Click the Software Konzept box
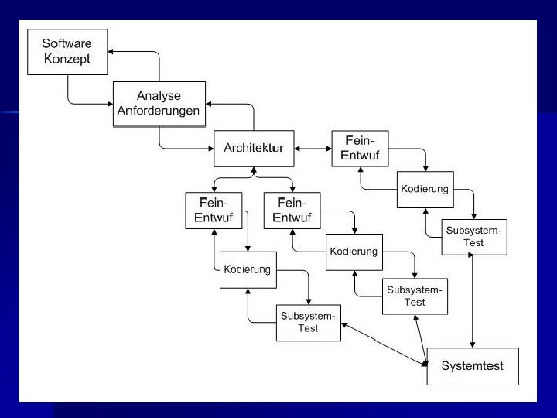[66, 53]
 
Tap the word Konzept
[66, 60]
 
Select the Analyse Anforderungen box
[159, 104]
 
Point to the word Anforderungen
[159, 111]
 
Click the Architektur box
[254, 149]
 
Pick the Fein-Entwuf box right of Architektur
[360, 149]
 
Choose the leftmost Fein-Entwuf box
[214, 210]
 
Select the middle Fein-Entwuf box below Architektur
[292, 210]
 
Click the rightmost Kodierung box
[425, 190]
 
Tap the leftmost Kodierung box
[248, 270]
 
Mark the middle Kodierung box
[354, 252]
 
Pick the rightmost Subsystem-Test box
[474, 237]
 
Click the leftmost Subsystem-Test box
[309, 323]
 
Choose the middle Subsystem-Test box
[415, 296]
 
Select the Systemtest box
[472, 365]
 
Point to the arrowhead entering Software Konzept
[111, 52]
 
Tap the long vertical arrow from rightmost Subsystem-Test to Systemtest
[473, 302]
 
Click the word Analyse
[159, 96]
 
